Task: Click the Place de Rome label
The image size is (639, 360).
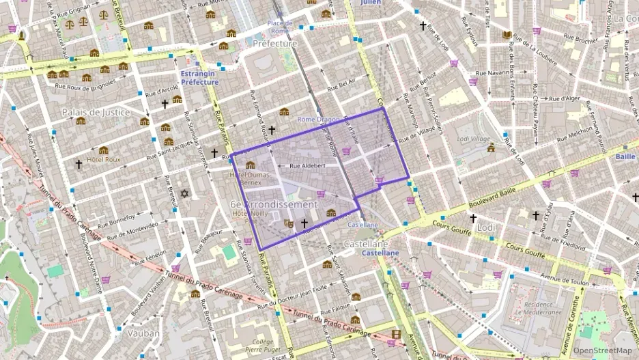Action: click(281, 27)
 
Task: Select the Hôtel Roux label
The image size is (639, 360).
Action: click(103, 159)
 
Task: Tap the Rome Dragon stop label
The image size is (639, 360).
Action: click(317, 120)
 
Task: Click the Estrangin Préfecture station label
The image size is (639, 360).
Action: click(199, 78)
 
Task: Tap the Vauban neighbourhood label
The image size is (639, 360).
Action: click(143, 333)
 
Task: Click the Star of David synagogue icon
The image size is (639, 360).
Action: click(183, 194)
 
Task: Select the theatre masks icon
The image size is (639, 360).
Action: click(289, 223)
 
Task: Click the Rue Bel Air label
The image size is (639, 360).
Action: click(341, 85)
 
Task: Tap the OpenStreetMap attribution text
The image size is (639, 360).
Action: click(602, 350)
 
